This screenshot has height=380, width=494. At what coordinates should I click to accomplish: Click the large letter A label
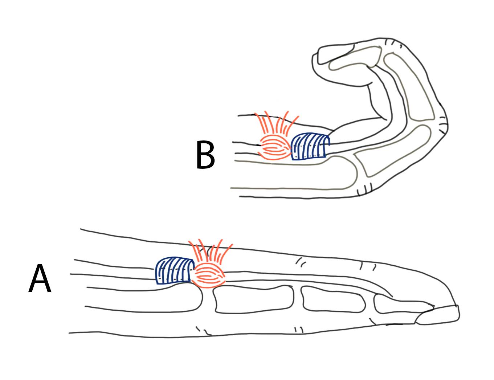pos(40,278)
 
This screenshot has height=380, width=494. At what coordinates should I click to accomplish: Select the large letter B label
pos(205,155)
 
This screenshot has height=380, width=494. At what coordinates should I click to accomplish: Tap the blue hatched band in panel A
pos(175,270)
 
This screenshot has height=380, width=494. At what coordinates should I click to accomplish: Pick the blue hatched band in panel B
pos(310,146)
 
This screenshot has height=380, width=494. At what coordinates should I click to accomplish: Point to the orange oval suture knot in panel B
pos(275,147)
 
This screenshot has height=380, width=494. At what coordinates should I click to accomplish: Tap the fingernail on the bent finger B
pos(334,54)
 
